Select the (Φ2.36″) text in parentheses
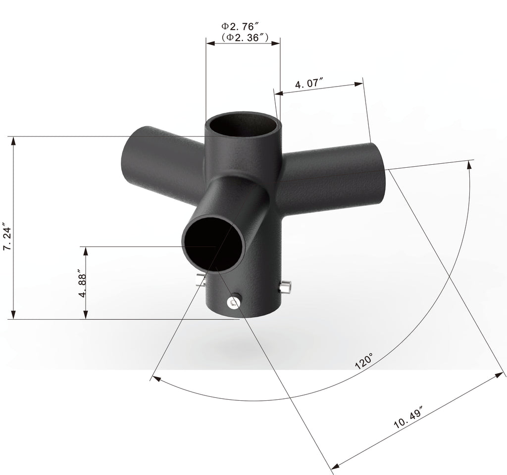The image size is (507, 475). point(245,38)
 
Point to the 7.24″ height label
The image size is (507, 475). point(7,236)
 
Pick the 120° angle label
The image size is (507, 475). point(364,361)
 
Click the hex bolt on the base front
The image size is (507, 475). point(233,302)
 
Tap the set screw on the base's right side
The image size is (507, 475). point(285,287)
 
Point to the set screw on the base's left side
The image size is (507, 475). point(200,280)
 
